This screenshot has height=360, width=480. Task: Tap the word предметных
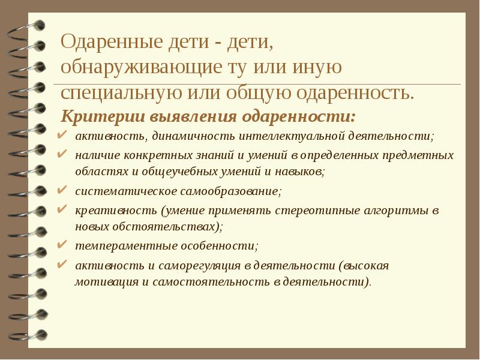(418, 155)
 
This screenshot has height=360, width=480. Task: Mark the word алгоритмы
(397, 211)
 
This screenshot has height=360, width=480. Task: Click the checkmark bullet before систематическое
(63, 191)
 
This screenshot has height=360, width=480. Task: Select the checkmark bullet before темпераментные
(63, 245)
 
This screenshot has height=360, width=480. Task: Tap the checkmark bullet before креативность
(63, 210)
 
